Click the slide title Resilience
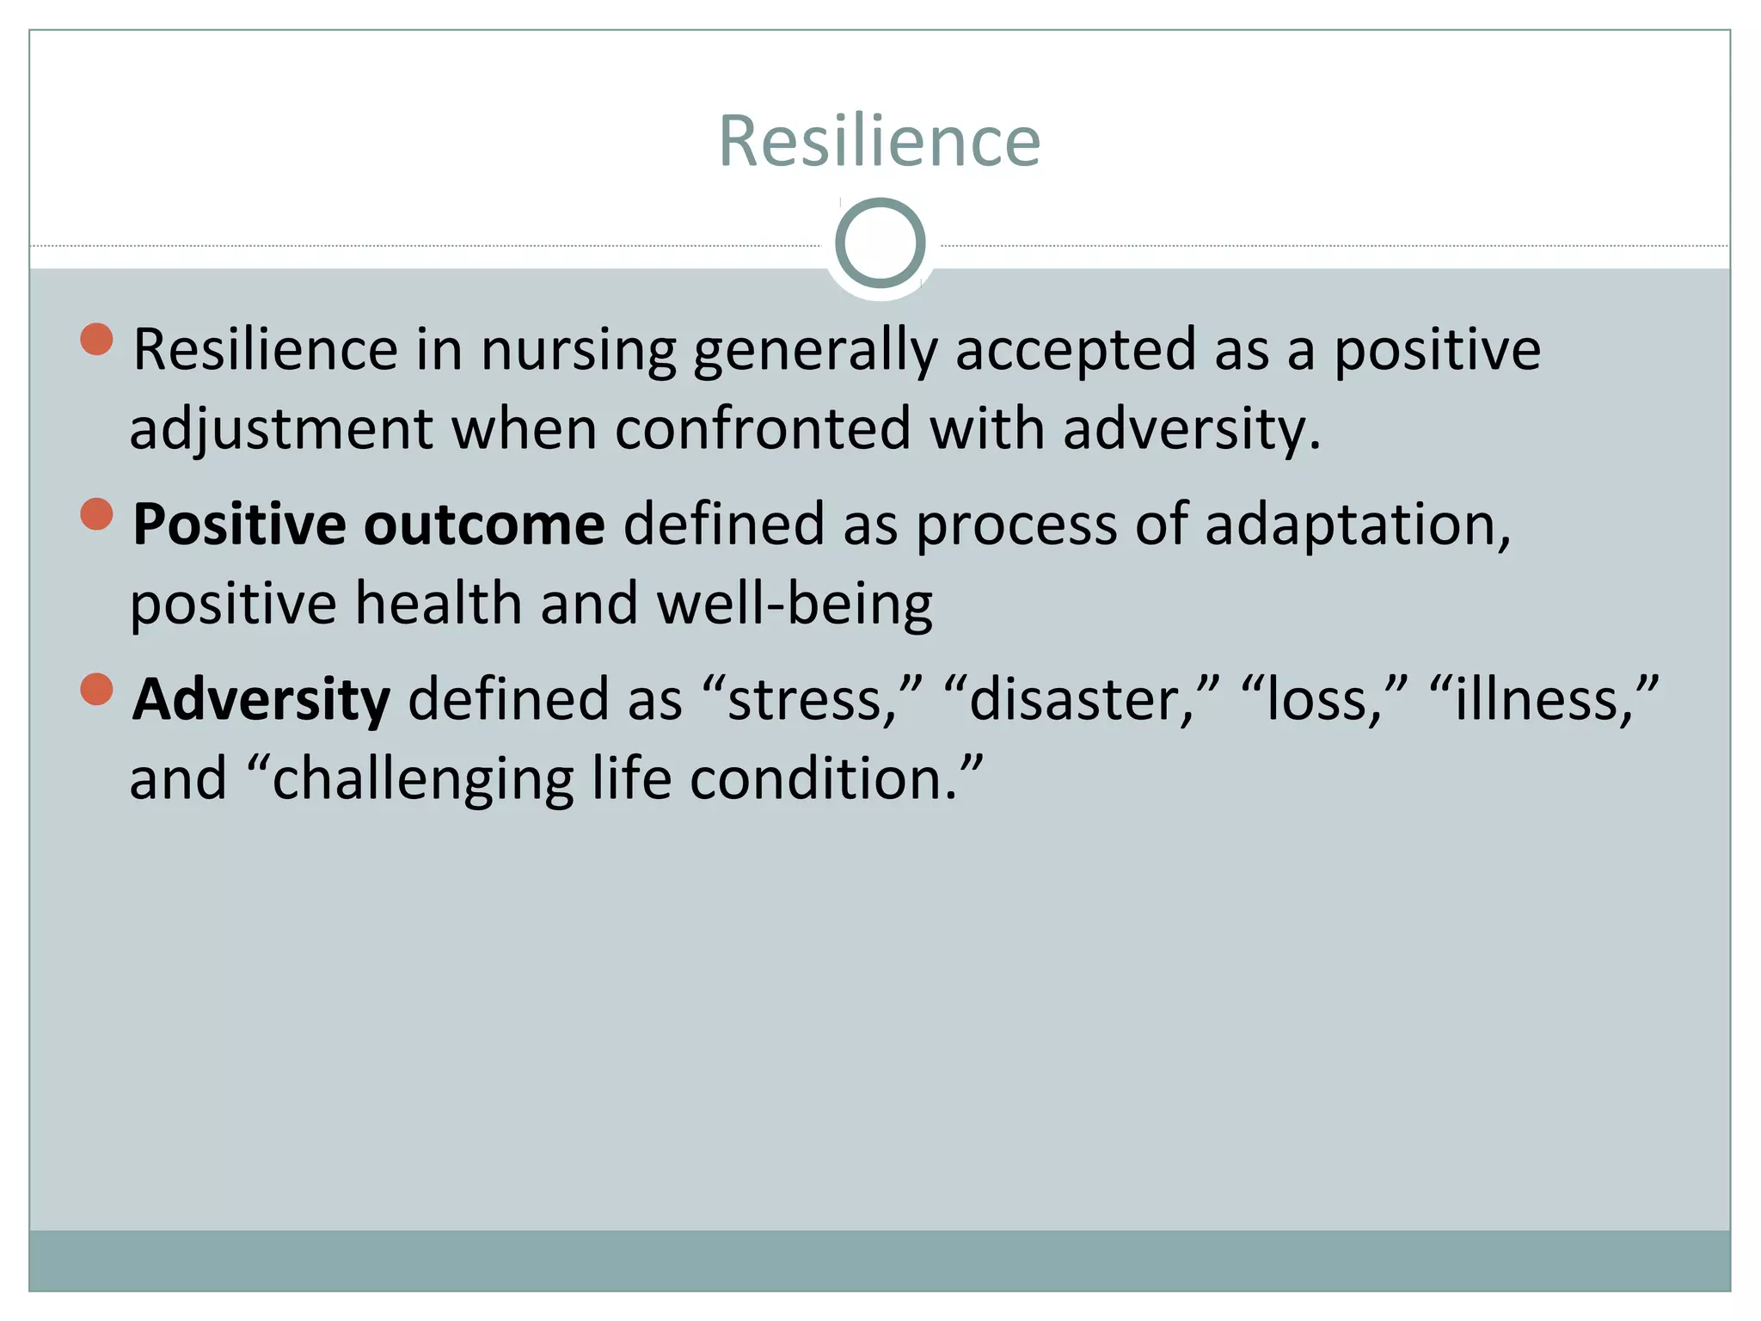pos(879,141)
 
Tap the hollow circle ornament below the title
pos(880,243)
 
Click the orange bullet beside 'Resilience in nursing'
pos(97,339)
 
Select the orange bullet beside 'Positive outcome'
pos(97,514)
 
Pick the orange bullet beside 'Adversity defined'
pos(97,689)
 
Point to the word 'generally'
pos(814,351)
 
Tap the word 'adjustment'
pos(281,429)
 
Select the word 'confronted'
pos(762,429)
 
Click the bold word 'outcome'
pos(484,525)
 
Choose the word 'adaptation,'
pos(1358,525)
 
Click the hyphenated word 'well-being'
pos(794,604)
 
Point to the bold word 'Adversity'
pos(261,700)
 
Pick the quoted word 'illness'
pos(1543,700)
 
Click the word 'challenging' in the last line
pos(422,779)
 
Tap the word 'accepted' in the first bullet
pos(1076,351)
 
